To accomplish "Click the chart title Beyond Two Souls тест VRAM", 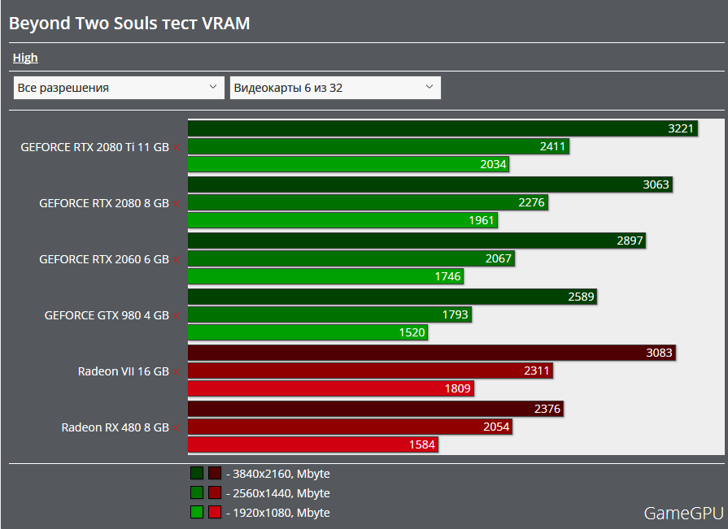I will pyautogui.click(x=129, y=24).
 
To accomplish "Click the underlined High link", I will pyautogui.click(x=25, y=58).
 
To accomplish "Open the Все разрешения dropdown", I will pyautogui.click(x=119, y=88).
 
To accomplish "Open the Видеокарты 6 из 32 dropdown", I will pyautogui.click(x=335, y=88).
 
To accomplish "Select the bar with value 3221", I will pyautogui.click(x=443, y=128).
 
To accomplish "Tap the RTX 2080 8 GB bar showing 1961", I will pyautogui.click(x=342, y=221).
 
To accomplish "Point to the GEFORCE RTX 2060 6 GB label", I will pyautogui.click(x=104, y=259).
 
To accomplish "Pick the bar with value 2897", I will pyautogui.click(x=417, y=241).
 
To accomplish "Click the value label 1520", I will pyautogui.click(x=412, y=332).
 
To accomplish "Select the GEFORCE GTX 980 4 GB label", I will pyautogui.click(x=107, y=315).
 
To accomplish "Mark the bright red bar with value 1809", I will pyautogui.click(x=331, y=389).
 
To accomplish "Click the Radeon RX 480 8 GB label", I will pyautogui.click(x=115, y=427).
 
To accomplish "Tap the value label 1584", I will pyautogui.click(x=422, y=444).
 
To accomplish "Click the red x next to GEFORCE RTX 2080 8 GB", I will pyautogui.click(x=177, y=204).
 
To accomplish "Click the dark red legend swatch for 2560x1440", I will pyautogui.click(x=215, y=492).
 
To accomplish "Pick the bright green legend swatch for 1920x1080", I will pyautogui.click(x=197, y=512).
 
